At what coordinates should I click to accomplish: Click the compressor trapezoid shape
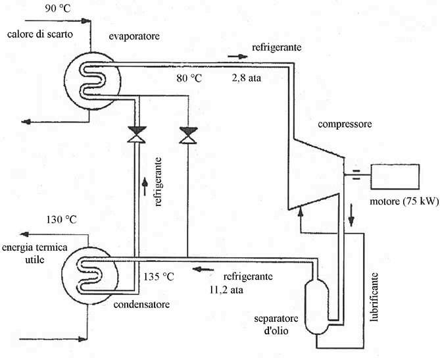[x=316, y=172]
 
